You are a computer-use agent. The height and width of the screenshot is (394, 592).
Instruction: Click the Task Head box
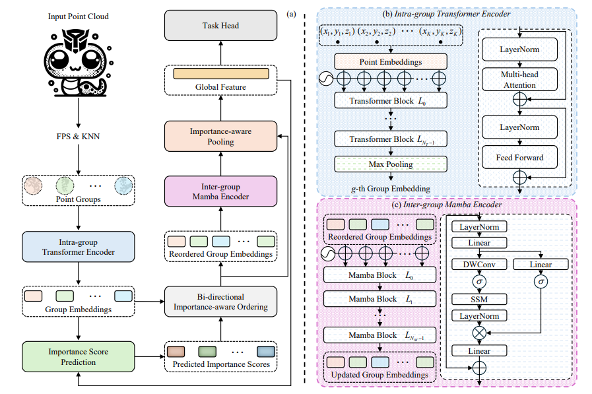pos(220,25)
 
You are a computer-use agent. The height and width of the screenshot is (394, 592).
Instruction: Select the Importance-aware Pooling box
pos(220,136)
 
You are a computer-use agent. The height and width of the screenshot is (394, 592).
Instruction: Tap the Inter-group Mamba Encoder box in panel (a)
pos(220,191)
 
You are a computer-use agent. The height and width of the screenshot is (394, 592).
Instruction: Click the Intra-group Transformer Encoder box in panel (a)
pos(78,247)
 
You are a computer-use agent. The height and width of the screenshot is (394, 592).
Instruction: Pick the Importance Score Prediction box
pos(78,356)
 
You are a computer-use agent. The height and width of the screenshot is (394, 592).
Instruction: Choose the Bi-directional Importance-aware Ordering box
pos(220,302)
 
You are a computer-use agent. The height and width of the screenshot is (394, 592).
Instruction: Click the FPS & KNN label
pos(78,136)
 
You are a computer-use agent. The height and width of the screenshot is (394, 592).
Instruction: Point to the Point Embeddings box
pos(391,61)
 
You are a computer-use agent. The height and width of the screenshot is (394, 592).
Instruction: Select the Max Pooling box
pos(391,164)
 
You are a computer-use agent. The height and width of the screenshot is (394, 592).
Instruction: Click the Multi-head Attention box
pos(519,79)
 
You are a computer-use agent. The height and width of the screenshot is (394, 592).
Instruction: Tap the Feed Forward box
pos(519,157)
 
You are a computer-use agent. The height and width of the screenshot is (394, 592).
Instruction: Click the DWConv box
pos(479,264)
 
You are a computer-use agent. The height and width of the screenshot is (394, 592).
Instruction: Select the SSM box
pos(479,299)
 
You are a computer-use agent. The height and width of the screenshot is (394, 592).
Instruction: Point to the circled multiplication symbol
pos(480,333)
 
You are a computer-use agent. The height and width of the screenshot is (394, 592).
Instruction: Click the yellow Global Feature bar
pos(221,74)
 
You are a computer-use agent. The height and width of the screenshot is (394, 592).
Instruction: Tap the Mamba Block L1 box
pos(379,298)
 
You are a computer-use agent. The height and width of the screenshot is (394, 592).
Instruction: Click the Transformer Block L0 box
pos(391,101)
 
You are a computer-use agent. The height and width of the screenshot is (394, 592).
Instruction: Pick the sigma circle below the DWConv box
pos(480,282)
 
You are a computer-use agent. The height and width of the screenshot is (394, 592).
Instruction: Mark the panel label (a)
pos(291,14)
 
